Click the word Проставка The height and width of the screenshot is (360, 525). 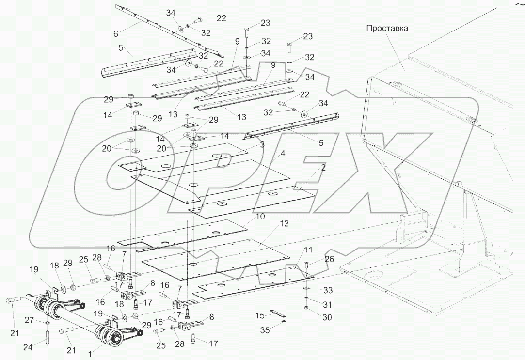387,28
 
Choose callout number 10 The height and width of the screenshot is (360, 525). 260,217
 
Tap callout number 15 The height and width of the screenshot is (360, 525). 260,315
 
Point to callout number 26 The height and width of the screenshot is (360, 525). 329,259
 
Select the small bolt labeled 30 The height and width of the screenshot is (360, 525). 306,308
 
